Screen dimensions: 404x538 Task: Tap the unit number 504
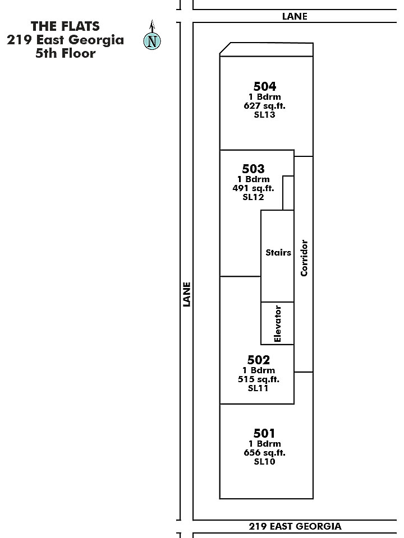click(264, 86)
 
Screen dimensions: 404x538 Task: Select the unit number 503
click(253, 169)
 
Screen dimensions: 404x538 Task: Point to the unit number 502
click(258, 360)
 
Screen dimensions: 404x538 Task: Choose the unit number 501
click(264, 433)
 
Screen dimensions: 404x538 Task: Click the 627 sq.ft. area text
click(264, 106)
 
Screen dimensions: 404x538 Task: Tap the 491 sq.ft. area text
click(253, 188)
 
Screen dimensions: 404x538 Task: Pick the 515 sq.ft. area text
click(258, 379)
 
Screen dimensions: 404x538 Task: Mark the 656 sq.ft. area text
click(264, 453)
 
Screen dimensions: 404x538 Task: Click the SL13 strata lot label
click(264, 114)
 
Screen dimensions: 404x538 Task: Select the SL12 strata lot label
click(253, 197)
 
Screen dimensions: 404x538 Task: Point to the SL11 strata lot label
click(258, 388)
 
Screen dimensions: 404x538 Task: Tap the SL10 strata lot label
click(264, 461)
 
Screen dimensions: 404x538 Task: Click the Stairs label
click(278, 253)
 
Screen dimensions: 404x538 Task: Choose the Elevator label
click(278, 323)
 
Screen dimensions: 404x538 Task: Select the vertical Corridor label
click(304, 258)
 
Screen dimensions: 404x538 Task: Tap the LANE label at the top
click(295, 16)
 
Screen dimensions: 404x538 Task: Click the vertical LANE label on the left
click(186, 294)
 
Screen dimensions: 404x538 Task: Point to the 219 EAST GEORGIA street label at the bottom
click(295, 526)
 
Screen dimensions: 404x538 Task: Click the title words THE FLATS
click(65, 26)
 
